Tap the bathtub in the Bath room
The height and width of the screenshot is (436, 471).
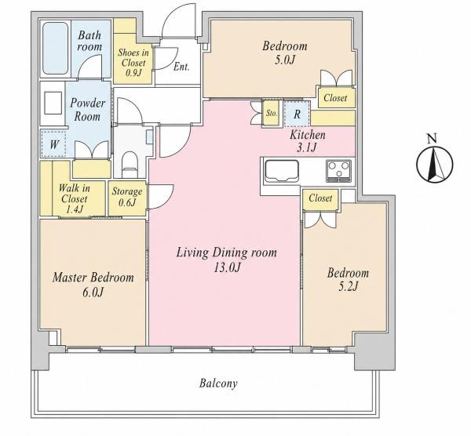(55, 48)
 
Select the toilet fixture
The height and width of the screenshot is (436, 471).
(130, 165)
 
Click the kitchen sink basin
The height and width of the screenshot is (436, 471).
(281, 171)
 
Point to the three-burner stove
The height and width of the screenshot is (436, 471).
(339, 171)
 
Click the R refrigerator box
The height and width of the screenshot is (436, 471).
(297, 114)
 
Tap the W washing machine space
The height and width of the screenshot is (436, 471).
(53, 144)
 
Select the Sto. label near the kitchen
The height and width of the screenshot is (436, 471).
(272, 114)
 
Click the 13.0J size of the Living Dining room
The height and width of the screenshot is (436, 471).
(227, 267)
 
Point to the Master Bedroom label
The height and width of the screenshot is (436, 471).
(93, 278)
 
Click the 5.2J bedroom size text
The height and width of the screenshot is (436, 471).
(349, 287)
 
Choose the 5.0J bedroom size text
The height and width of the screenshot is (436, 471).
(285, 60)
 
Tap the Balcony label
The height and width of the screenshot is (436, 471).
(218, 383)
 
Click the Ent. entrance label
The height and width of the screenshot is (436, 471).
(181, 67)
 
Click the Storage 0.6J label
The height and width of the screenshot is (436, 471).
(127, 197)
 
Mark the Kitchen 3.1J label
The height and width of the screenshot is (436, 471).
(307, 141)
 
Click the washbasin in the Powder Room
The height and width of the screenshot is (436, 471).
(53, 103)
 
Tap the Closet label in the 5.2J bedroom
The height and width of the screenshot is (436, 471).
(320, 198)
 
